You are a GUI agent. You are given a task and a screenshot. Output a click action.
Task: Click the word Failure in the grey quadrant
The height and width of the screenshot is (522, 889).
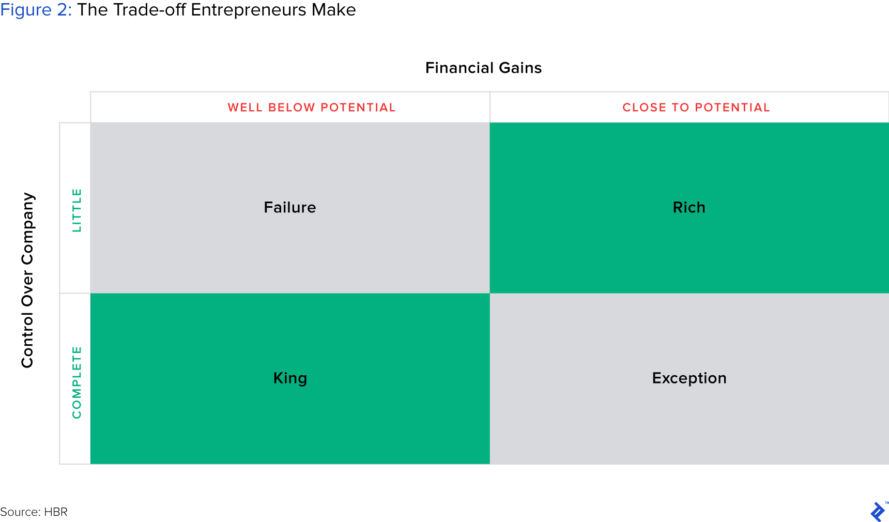tap(290, 207)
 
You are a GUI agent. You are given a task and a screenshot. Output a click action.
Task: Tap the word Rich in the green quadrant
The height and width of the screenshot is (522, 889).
tap(689, 207)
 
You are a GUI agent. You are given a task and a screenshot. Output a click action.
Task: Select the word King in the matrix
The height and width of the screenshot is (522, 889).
tap(290, 378)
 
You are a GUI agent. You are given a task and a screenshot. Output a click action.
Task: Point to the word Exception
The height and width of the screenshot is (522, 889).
tap(689, 378)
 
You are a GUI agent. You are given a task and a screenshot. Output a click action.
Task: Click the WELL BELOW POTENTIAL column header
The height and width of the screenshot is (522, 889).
tap(312, 108)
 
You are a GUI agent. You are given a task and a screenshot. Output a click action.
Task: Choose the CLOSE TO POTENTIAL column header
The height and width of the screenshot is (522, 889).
tap(696, 108)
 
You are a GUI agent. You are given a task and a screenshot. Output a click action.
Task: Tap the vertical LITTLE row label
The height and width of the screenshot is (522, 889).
tap(76, 210)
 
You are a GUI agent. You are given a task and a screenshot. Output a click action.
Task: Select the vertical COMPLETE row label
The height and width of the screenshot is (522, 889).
tap(76, 382)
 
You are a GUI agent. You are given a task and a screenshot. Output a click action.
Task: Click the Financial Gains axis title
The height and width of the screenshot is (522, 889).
tap(483, 68)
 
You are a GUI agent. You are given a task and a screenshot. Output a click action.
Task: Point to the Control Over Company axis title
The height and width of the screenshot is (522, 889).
tap(27, 280)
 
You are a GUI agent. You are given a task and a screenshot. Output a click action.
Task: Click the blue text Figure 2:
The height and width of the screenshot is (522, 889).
tap(36, 10)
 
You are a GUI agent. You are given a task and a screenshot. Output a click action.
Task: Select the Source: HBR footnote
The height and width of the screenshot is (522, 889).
tap(34, 512)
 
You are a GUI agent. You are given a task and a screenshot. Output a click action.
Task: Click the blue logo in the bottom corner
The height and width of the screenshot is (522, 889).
tap(878, 512)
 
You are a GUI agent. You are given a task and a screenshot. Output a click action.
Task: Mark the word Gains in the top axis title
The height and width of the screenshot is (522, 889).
tap(520, 68)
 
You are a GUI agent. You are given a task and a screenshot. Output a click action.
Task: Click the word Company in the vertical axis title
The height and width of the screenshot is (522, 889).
tap(27, 228)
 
